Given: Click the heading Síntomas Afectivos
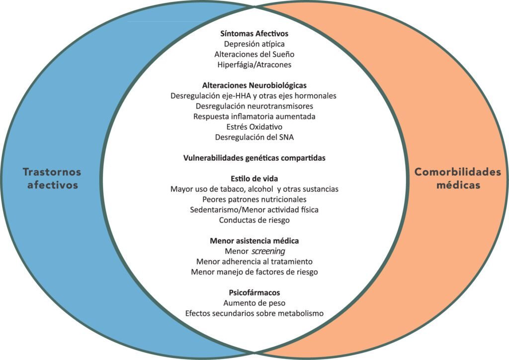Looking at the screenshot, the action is tap(254, 33).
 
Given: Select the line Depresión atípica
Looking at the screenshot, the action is tap(254, 44).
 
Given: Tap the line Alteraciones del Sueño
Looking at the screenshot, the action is tap(254, 54).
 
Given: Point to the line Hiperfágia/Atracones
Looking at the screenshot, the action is tap(254, 65).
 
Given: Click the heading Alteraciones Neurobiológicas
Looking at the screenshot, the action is tap(254, 86).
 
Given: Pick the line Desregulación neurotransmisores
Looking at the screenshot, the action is tap(254, 106).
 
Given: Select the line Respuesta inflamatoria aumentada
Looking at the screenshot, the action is tap(254, 116).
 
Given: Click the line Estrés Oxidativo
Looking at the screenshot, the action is tap(254, 127).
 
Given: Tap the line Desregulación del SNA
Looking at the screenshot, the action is tap(254, 137).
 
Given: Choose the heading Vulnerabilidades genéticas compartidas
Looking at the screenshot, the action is tap(254, 158).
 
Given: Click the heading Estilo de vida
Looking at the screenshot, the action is tap(254, 179).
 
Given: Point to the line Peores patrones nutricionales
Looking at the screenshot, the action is tap(254, 199).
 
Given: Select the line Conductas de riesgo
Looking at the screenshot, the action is tap(254, 220).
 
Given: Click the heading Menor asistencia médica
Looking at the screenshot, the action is tap(254, 241).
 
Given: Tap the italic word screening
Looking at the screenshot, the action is tap(268, 251).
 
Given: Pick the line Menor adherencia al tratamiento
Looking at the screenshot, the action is tap(254, 262).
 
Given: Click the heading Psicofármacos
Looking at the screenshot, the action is tap(254, 292).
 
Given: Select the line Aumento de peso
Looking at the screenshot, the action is tap(254, 303).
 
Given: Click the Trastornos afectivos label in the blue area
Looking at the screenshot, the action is tap(52, 178).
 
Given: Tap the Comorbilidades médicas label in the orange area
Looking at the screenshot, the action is tap(458, 178).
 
